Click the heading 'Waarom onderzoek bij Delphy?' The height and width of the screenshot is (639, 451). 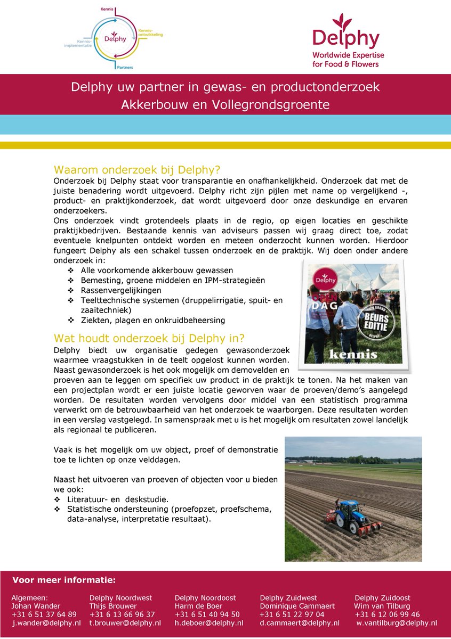137,170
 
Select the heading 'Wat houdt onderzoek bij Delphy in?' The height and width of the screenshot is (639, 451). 149,338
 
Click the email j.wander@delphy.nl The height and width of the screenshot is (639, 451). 46,623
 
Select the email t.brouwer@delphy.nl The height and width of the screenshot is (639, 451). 125,623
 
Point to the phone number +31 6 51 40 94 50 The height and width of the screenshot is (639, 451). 207,615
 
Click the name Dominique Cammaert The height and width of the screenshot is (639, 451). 297,606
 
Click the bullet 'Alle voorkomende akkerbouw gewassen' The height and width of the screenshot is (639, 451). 157,271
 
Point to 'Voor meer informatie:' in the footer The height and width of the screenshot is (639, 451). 64,580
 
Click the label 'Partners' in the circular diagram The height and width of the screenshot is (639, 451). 125,68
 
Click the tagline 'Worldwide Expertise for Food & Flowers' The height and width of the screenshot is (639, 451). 348,60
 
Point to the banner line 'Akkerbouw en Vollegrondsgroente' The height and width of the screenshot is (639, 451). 225,105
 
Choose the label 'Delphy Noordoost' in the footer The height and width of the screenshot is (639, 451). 205,598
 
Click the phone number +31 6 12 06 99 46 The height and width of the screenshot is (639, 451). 388,615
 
